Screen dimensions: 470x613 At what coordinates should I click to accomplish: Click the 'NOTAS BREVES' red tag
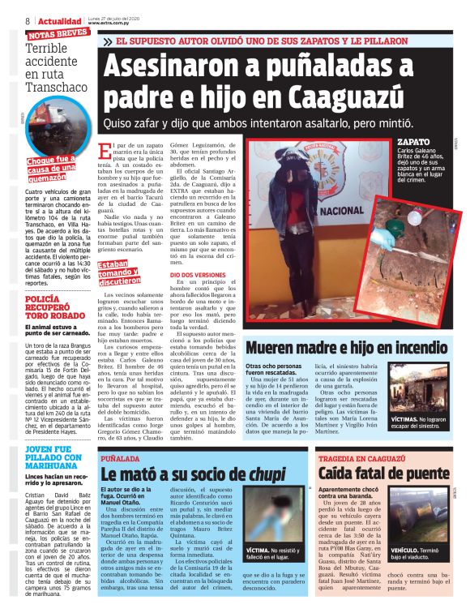click(x=58, y=35)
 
